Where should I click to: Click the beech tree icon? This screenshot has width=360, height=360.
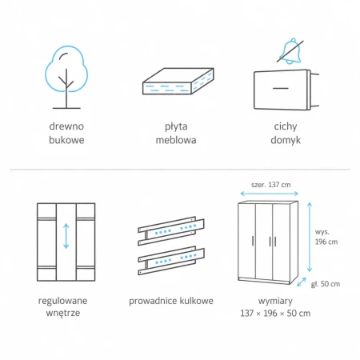[66, 78]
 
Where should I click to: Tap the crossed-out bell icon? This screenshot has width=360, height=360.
[290, 51]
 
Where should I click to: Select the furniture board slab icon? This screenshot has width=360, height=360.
[178, 81]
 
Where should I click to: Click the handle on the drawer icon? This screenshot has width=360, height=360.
[281, 88]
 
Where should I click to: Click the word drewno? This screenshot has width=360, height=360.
[66, 126]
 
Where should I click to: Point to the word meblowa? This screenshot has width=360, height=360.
[176, 140]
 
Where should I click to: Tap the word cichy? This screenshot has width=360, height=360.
[286, 126]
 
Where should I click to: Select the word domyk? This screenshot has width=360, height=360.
[286, 140]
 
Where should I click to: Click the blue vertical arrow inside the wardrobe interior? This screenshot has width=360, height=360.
[66, 236]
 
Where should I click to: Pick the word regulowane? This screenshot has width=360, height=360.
[62, 301]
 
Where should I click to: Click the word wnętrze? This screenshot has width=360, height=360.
[63, 313]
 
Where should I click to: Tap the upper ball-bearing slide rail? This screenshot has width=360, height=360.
[171, 230]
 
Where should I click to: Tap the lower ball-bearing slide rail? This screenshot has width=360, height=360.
[171, 260]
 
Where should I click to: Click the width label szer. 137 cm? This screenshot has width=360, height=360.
[270, 185]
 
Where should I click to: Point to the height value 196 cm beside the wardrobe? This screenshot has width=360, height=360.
[326, 242]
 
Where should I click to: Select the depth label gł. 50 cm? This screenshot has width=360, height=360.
[326, 284]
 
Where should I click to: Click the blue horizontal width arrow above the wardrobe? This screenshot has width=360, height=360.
[269, 194]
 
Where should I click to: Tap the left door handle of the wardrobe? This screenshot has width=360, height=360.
[253, 241]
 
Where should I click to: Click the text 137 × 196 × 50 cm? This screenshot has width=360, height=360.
[275, 313]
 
